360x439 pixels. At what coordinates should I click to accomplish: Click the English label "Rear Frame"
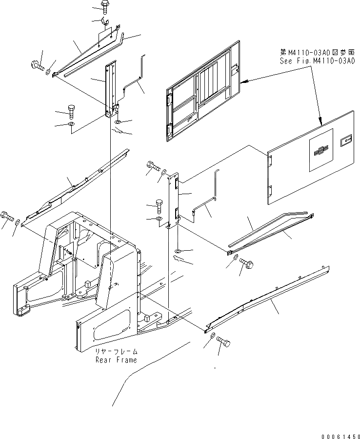116,360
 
